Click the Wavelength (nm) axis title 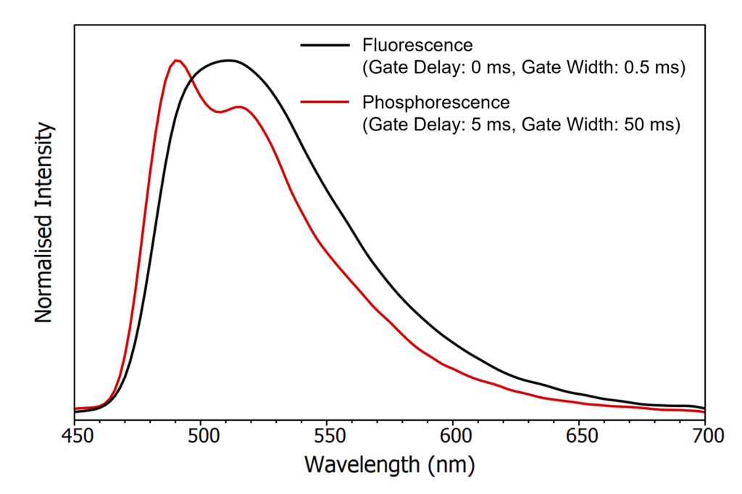pyautogui.click(x=390, y=464)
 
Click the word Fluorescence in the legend pyautogui.click(x=417, y=46)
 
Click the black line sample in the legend pyautogui.click(x=325, y=46)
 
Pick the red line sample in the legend pyautogui.click(x=325, y=101)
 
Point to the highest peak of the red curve pyautogui.click(x=176, y=60)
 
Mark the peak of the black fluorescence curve pyautogui.click(x=228, y=60)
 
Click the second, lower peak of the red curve pyautogui.click(x=239, y=107)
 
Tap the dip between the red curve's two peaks pyautogui.click(x=220, y=112)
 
